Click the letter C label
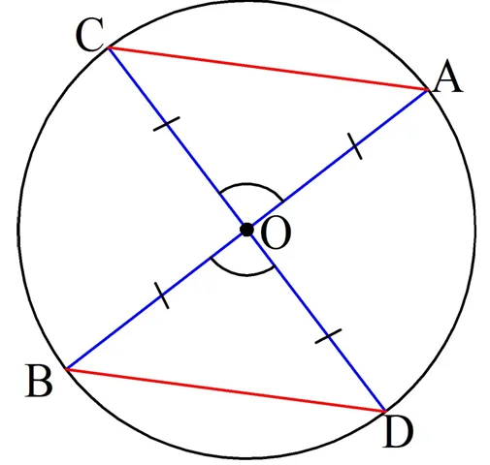(90, 35)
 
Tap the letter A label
(448, 77)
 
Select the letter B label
(39, 380)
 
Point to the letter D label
(398, 431)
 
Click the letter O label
(276, 232)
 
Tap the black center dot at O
(246, 230)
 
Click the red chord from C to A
(268, 69)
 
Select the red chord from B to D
(225, 390)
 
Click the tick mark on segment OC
(166, 124)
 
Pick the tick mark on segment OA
(355, 146)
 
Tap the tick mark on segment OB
(162, 295)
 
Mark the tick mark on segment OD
(328, 336)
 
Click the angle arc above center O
(247, 184)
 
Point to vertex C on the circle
(109, 47)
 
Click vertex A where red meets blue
(428, 90)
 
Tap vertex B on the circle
(66, 368)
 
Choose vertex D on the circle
(385, 412)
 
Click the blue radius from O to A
(338, 160)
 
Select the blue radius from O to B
(156, 299)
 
